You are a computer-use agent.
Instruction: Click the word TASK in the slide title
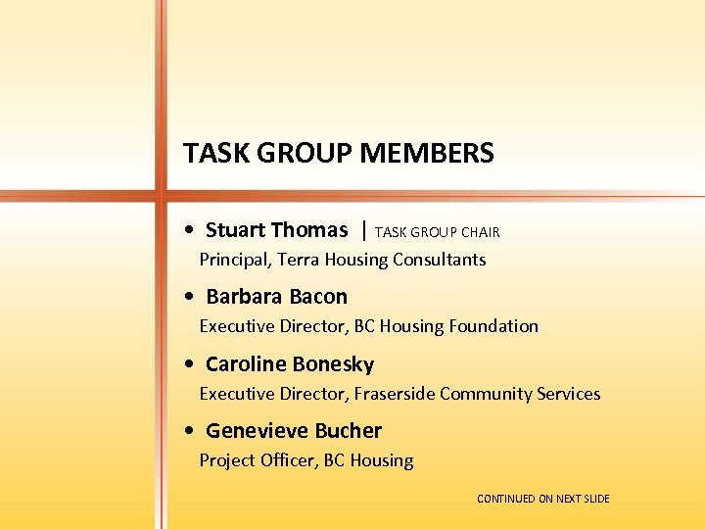coord(211,154)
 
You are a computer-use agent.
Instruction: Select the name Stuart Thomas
coord(276,230)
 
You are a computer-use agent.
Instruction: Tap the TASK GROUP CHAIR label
coord(437,232)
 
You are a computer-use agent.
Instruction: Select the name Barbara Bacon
coord(276,297)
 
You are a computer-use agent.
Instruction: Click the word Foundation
coord(493,326)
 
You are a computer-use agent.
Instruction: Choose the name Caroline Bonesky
coord(289,364)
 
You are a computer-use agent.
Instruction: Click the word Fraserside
coord(395,394)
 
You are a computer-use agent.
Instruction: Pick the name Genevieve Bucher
coord(293,431)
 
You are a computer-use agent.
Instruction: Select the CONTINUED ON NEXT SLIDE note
coord(542,500)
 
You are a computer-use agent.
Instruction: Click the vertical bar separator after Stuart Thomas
coord(364,230)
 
